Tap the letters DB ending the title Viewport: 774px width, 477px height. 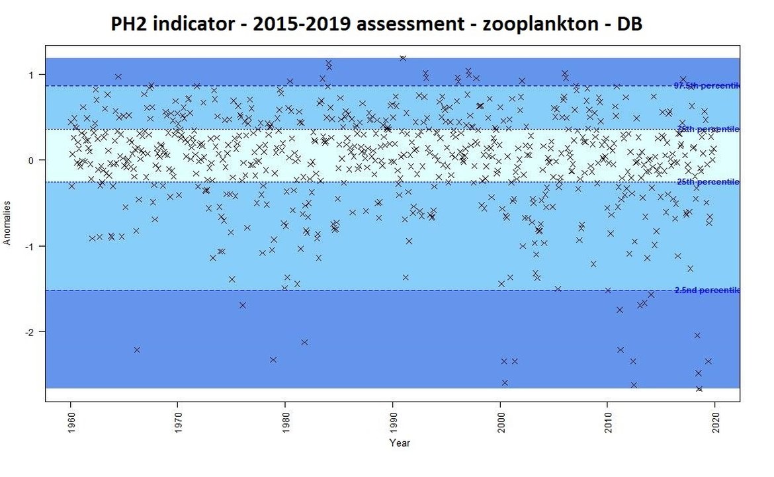point(629,24)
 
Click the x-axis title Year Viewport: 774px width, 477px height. point(399,443)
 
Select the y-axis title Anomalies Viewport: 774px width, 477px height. point(9,223)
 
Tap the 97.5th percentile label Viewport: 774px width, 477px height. point(706,85)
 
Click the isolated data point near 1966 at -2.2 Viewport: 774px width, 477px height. point(137,350)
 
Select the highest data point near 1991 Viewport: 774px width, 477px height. point(403,58)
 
